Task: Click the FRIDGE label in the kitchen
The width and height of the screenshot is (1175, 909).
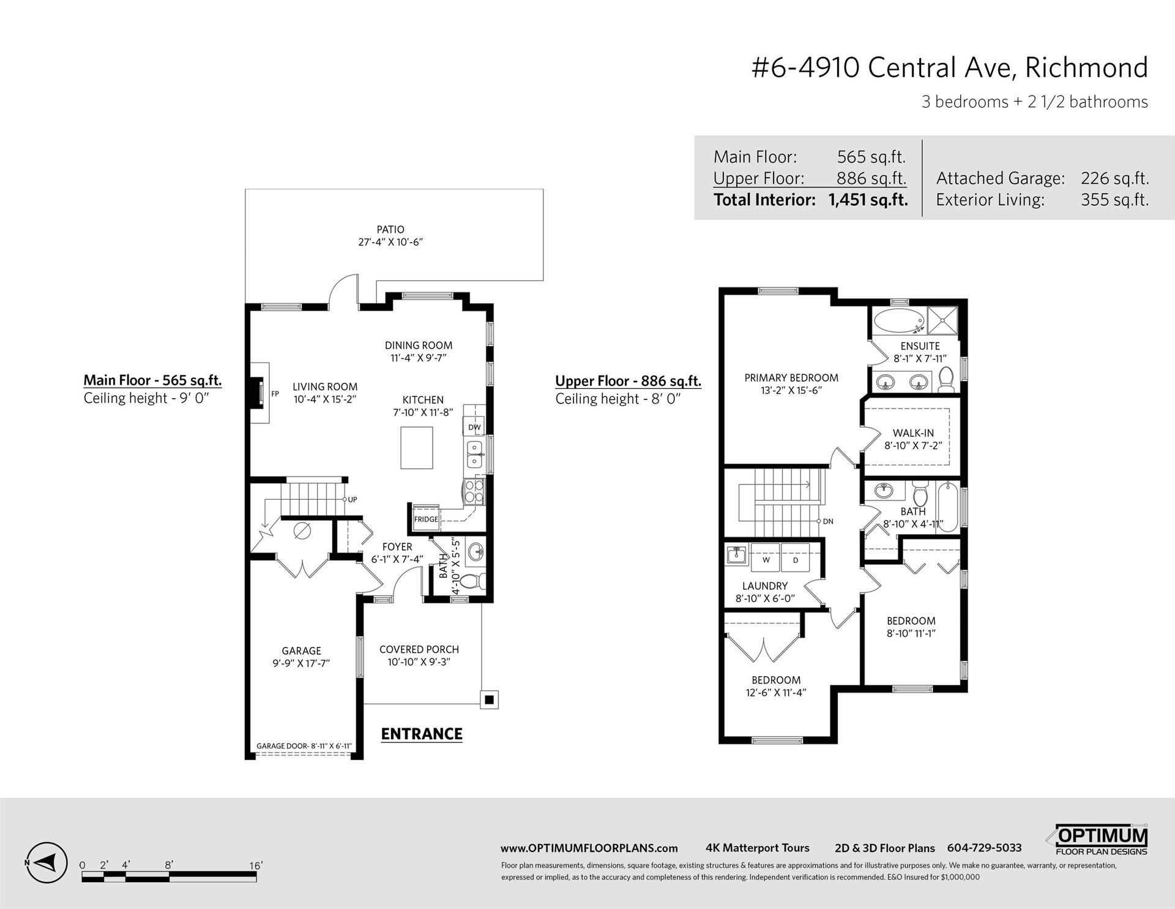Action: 426,519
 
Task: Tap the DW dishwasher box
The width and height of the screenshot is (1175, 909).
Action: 474,427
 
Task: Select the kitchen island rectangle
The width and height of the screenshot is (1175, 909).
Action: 417,448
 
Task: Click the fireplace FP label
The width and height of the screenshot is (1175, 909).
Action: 275,394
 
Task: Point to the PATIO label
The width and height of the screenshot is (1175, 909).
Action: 390,230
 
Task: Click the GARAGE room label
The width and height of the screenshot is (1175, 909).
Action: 302,651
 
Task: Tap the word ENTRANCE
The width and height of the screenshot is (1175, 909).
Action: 422,734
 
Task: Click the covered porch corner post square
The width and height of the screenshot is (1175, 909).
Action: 489,700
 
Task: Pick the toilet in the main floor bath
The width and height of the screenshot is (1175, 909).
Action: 471,581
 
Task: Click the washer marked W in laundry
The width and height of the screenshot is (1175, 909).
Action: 765,560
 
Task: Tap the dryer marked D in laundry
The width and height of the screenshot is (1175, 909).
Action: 796,560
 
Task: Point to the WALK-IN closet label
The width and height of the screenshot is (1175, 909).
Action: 913,433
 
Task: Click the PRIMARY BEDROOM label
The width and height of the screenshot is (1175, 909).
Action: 791,378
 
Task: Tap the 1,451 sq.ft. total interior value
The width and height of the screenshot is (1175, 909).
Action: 868,200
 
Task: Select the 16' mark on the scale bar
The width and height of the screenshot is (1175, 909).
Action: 256,866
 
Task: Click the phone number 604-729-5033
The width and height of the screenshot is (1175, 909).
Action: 984,848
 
